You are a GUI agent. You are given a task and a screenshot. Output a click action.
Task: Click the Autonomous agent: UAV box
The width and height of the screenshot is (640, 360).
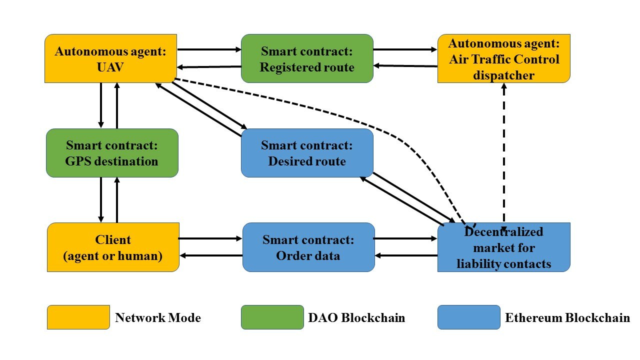coord(110,58)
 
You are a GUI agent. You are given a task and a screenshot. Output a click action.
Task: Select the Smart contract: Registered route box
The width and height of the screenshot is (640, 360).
coord(307,58)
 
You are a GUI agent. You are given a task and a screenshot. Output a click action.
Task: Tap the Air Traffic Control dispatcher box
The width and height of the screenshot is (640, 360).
coord(503,58)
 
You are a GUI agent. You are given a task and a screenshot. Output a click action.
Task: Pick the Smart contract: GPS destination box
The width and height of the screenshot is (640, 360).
coord(112,153)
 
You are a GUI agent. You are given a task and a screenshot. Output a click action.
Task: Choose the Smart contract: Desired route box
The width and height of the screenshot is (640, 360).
coord(307,153)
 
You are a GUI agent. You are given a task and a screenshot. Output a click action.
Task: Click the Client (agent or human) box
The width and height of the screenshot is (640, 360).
coord(113,247)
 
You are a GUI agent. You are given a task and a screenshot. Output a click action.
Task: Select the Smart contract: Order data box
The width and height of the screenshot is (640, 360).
coord(308,247)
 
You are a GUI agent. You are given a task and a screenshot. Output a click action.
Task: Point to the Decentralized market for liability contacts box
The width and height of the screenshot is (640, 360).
coord(503,247)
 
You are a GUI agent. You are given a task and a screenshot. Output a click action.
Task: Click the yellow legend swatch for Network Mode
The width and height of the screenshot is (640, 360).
coord(78,317)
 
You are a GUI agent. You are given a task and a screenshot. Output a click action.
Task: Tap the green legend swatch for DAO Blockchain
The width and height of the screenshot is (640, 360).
coord(272,317)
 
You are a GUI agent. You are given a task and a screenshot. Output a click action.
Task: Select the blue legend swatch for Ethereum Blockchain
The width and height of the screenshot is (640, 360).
coord(469,317)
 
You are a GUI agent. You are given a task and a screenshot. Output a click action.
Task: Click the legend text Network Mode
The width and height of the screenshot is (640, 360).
coord(157,317)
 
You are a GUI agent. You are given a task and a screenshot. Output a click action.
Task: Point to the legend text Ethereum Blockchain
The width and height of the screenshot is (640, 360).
coord(567,317)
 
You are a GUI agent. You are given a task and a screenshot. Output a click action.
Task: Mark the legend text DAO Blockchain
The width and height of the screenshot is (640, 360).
coord(356,317)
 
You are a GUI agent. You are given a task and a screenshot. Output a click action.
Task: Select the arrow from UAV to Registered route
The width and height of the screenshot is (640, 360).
coord(209,49)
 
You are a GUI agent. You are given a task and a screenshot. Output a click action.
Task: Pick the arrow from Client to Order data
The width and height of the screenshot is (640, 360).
coord(210,238)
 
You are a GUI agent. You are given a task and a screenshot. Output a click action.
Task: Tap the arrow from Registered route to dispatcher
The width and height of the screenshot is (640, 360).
coord(405,49)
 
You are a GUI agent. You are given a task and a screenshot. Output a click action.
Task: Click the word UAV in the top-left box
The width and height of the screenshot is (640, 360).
coord(110,67)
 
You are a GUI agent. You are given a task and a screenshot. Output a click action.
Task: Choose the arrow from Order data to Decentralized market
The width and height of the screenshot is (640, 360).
coord(405,238)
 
